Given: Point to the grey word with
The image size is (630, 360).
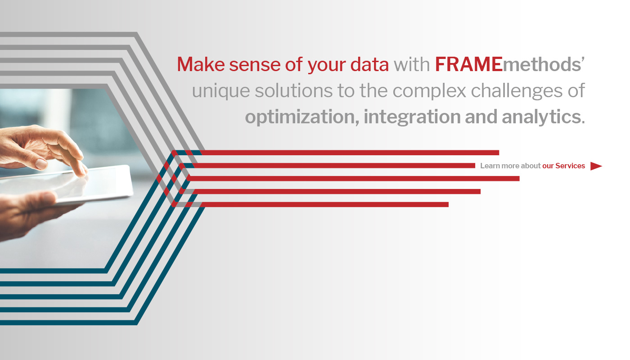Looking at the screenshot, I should coord(412,65).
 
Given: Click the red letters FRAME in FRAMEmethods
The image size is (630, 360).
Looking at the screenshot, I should coord(468,65).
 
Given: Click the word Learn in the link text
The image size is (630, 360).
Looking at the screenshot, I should coord(490,166).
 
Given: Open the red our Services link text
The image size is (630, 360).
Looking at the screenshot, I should coord(563,166).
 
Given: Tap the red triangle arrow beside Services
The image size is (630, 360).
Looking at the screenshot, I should coord(595,166).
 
